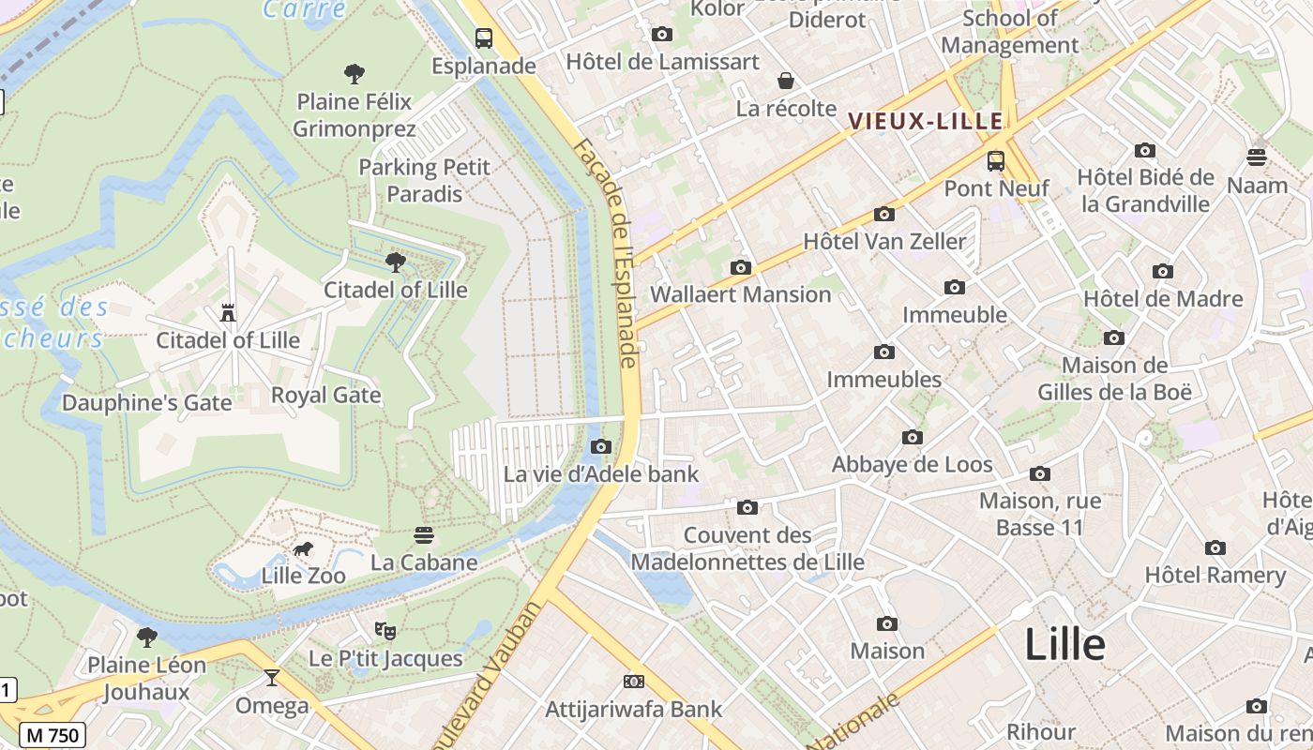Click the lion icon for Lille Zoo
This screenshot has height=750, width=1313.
(302, 549)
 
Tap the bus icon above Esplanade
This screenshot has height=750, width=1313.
(484, 38)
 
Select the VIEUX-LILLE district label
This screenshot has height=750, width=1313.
(926, 121)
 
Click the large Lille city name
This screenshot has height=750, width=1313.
(1064, 645)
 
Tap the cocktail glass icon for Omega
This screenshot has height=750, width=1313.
(272, 678)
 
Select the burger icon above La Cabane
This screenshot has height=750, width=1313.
(424, 535)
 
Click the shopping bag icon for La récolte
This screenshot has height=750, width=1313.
(786, 81)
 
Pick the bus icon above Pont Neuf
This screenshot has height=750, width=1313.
(996, 160)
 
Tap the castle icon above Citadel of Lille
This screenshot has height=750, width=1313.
(228, 312)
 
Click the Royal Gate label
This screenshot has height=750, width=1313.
(326, 396)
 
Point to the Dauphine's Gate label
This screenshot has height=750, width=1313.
(146, 403)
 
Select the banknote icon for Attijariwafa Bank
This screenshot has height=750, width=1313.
(634, 682)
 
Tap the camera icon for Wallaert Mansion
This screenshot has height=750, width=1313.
(741, 267)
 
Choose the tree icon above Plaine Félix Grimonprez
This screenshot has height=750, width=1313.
(355, 73)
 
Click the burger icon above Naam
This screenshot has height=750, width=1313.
(1257, 157)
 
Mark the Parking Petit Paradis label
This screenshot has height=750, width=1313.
(425, 180)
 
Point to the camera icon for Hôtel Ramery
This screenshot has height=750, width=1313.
(1215, 547)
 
